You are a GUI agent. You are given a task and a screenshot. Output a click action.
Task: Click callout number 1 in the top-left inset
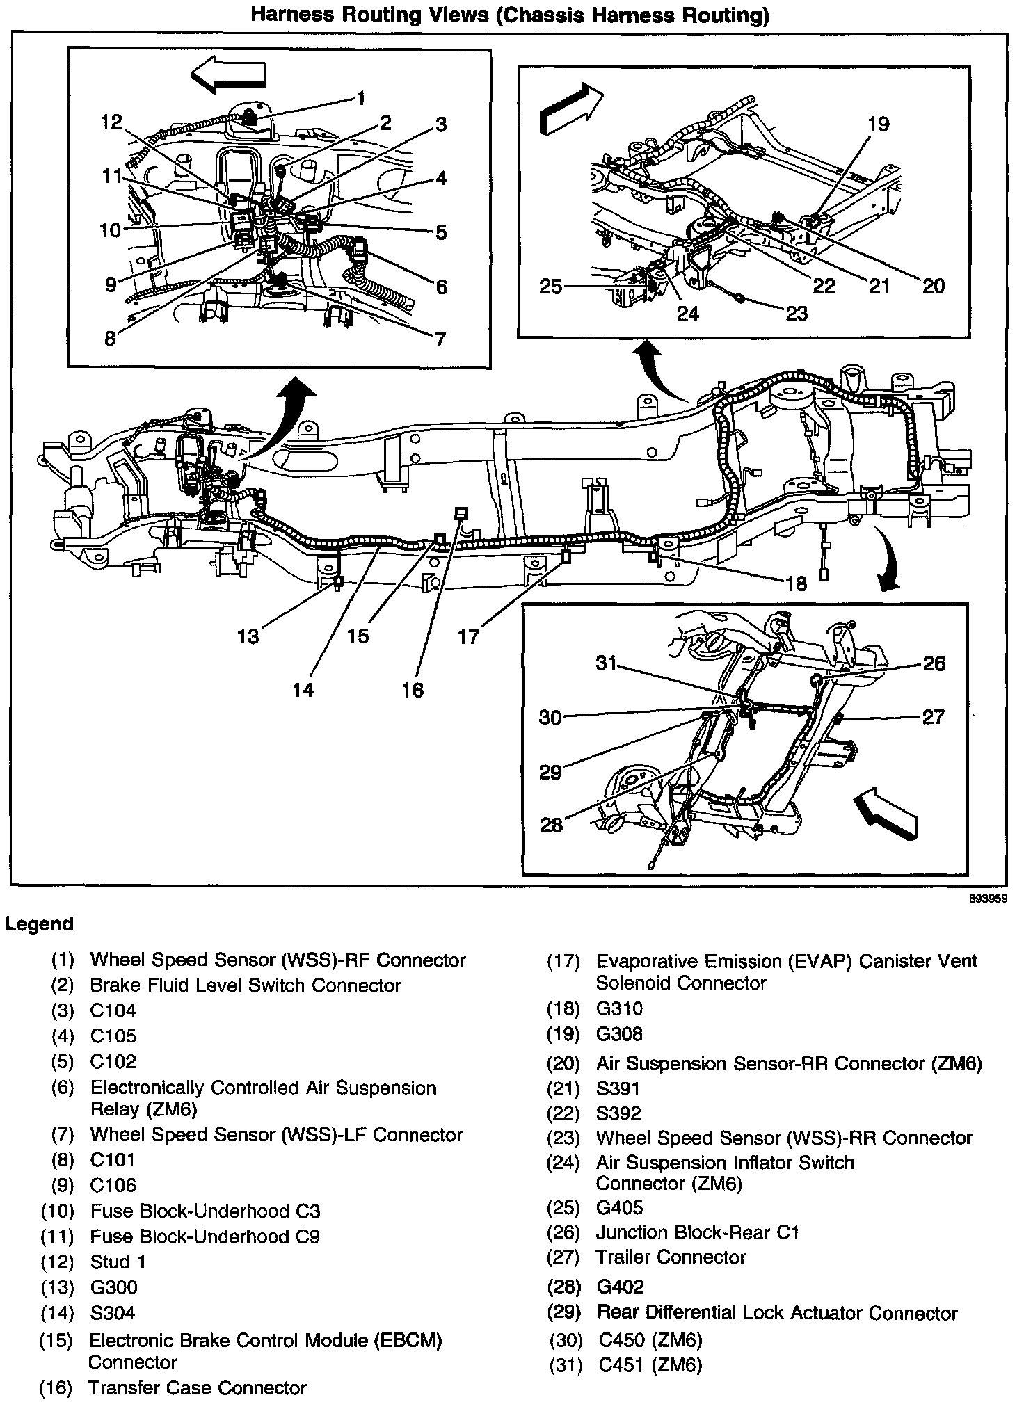click(361, 97)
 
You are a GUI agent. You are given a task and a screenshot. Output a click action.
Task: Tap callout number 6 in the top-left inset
click(441, 286)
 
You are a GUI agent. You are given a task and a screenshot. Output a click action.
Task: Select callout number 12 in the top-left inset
click(111, 122)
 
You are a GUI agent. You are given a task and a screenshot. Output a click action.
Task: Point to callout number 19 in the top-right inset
click(879, 124)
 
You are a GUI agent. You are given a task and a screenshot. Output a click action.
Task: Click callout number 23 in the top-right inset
click(797, 314)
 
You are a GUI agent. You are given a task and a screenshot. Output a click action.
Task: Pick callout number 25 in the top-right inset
click(551, 286)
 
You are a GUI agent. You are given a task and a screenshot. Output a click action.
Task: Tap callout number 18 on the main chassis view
click(797, 583)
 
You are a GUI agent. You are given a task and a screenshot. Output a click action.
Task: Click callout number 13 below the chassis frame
click(248, 636)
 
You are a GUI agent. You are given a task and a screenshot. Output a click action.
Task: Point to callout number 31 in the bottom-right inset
click(606, 663)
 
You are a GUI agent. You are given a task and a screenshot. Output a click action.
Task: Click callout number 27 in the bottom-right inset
click(933, 716)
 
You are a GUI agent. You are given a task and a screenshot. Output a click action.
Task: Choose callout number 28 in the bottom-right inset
click(551, 825)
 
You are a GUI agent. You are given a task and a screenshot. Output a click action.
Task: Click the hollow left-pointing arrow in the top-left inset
click(229, 74)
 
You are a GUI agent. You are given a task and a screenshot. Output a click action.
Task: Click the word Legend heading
click(39, 924)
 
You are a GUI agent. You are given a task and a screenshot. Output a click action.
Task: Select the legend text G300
click(113, 1287)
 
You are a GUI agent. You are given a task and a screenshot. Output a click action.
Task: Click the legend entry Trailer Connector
click(671, 1257)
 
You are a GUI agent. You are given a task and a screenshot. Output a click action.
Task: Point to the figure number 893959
click(989, 899)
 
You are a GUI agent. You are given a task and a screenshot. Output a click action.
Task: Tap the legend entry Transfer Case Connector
click(198, 1387)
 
